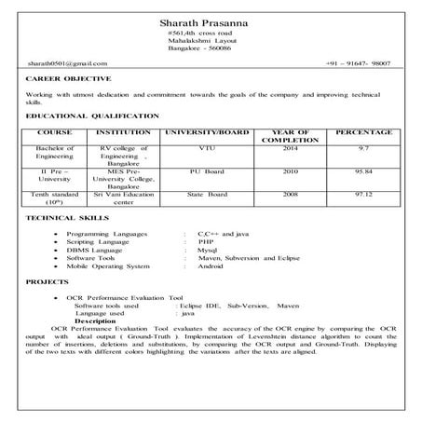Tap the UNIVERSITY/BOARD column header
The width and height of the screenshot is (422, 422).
pos(207,133)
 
